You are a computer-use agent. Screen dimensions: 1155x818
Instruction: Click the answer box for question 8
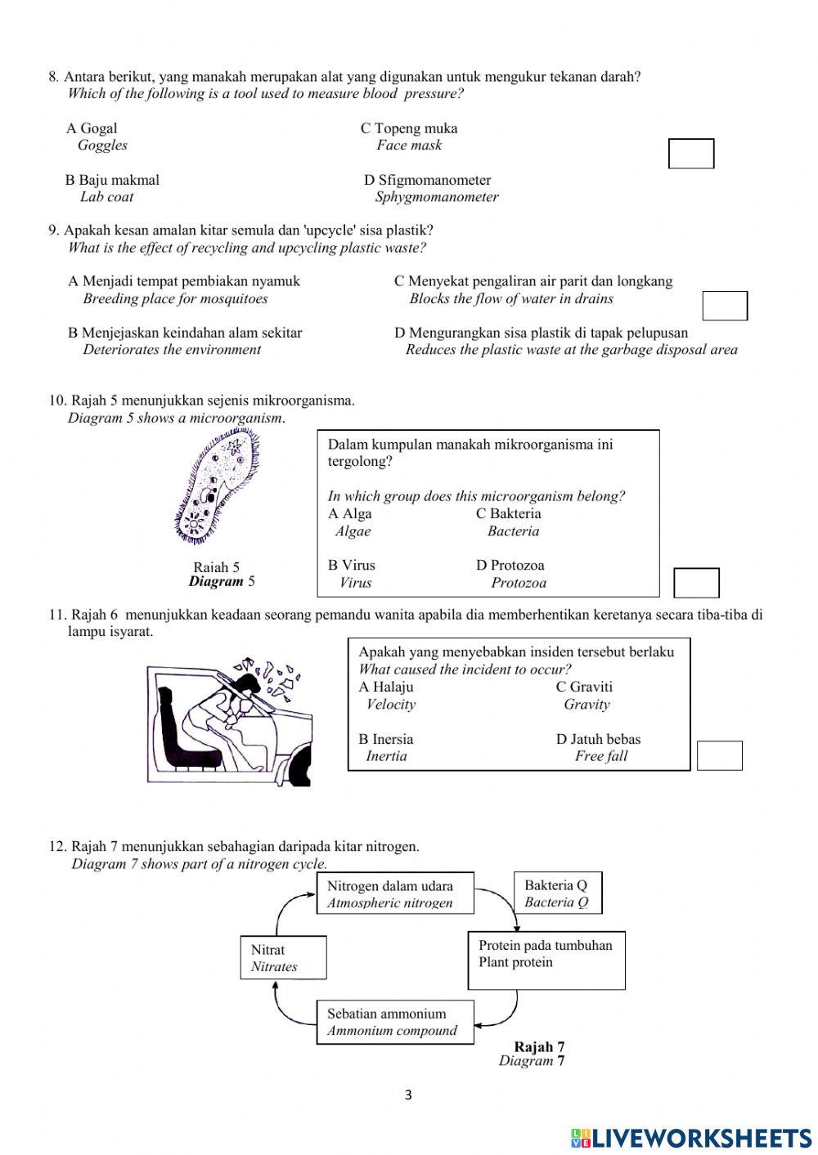[x=691, y=154]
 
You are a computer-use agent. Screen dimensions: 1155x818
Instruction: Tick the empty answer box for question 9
[x=725, y=306]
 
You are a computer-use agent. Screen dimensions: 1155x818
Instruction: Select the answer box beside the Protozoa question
[x=696, y=583]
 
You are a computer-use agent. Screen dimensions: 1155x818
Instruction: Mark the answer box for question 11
[x=719, y=755]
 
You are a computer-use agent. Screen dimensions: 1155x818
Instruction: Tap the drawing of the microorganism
[x=217, y=488]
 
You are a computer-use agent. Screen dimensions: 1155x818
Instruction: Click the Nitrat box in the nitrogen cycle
[x=283, y=957]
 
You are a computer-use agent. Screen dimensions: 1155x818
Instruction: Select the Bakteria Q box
[x=557, y=893]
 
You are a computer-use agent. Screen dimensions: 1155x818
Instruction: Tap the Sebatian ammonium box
[x=395, y=1022]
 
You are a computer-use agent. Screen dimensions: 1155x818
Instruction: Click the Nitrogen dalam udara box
[x=396, y=894]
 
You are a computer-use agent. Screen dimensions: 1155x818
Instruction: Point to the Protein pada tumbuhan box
[x=546, y=960]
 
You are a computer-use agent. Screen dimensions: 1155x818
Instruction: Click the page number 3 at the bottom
[x=408, y=1095]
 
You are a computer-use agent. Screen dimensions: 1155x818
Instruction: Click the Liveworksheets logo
[x=691, y=1138]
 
